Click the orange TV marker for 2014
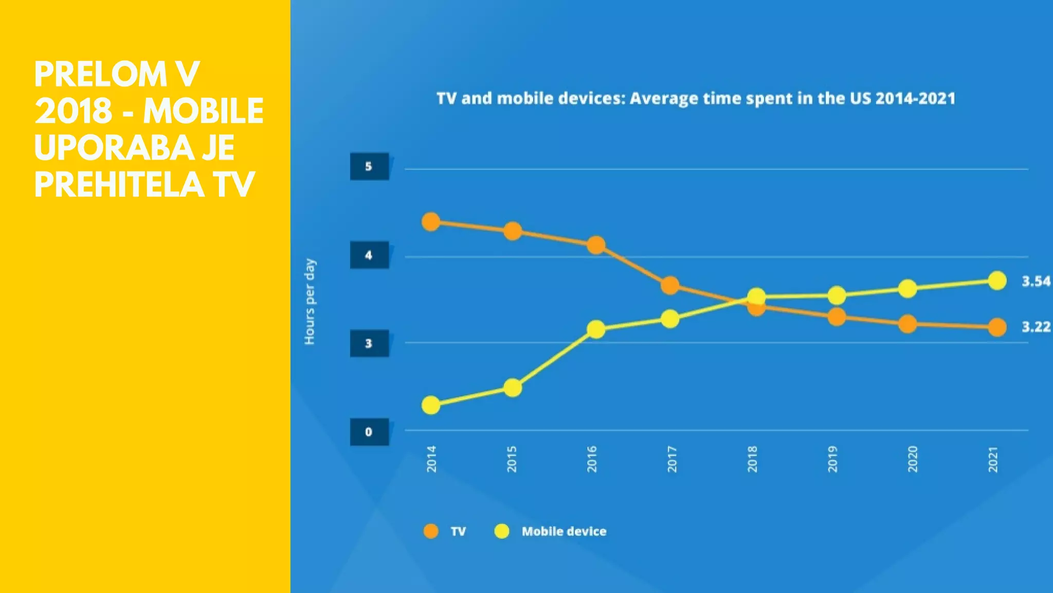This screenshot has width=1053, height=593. point(431,222)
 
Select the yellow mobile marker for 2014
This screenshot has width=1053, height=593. point(431,405)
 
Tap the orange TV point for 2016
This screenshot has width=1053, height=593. point(595,245)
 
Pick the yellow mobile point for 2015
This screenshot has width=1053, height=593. point(512,388)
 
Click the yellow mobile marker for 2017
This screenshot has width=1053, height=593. point(669,319)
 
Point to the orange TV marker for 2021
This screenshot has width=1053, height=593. point(997,327)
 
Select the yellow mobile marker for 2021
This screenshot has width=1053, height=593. point(997,281)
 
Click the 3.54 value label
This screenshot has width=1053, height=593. point(1036,282)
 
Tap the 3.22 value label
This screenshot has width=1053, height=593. point(1036,327)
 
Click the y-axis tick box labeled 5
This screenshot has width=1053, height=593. point(369,167)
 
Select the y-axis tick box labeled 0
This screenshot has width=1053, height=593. point(369,432)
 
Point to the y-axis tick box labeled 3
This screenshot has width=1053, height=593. point(369,343)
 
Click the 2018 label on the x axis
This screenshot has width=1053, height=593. point(752,459)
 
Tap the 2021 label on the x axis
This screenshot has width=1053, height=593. point(993,459)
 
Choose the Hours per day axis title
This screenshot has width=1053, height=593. point(310,302)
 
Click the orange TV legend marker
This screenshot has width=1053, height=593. point(431,531)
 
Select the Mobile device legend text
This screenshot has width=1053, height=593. point(564,531)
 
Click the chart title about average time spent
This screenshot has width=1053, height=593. point(696,98)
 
